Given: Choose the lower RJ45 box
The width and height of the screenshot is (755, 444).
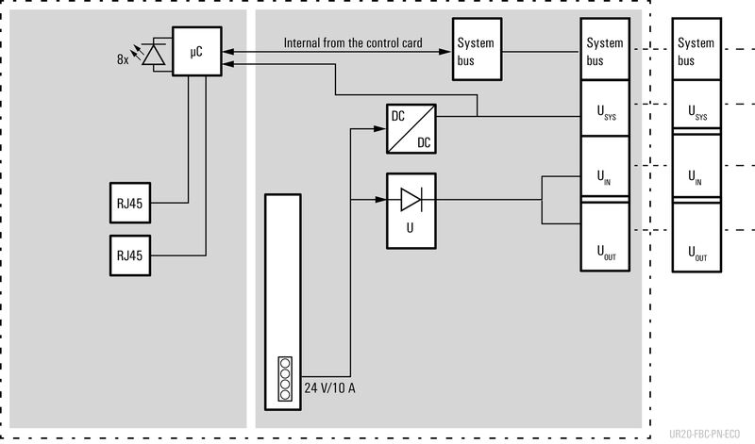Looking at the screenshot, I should click(x=130, y=255).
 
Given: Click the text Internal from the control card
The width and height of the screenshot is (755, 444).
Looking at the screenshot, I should click(x=352, y=43).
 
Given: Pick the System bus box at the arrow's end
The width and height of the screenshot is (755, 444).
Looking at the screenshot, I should click(x=475, y=52).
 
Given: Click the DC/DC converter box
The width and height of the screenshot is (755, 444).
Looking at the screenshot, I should click(x=411, y=129).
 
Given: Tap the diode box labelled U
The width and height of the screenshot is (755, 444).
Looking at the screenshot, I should click(x=411, y=210).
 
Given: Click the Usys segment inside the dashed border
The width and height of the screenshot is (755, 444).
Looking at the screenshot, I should click(x=604, y=109).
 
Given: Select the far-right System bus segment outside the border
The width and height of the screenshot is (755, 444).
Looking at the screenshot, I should click(x=696, y=52).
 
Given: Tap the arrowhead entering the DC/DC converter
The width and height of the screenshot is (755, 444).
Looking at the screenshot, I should click(x=381, y=129).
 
